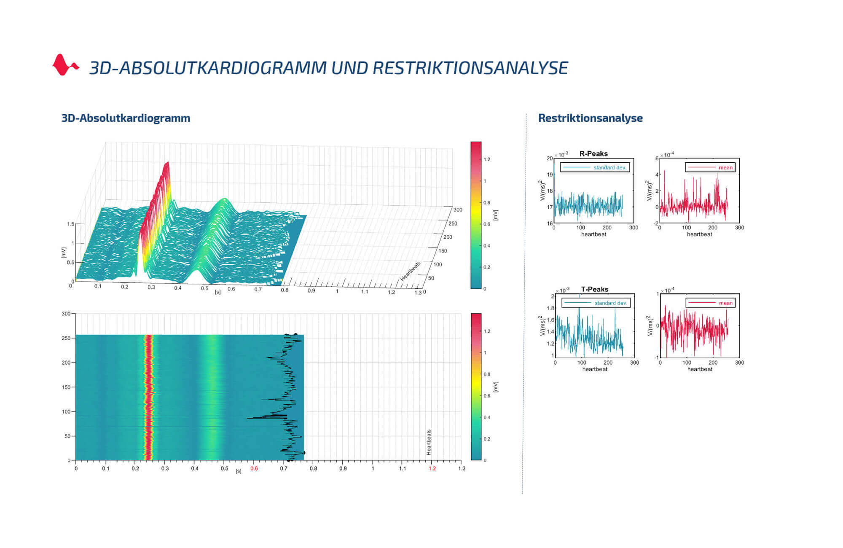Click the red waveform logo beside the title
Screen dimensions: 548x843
point(65,65)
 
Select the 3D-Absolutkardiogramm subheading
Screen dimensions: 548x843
point(126,118)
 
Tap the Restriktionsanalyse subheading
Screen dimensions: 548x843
point(590,118)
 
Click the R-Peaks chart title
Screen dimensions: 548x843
point(593,154)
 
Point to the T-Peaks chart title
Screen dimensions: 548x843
point(594,289)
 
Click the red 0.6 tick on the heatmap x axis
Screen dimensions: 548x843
point(254,468)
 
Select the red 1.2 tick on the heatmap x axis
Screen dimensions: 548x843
point(432,468)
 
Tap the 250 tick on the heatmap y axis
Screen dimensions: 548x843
point(66,338)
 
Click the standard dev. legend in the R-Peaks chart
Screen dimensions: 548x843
point(595,167)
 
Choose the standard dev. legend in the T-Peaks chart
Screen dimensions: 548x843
point(596,303)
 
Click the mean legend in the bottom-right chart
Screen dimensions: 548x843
point(710,303)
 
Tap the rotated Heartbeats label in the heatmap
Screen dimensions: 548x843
point(429,442)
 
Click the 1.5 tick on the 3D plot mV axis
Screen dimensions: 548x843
point(70,224)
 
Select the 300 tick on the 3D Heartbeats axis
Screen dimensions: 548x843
point(458,210)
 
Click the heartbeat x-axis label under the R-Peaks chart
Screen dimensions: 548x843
point(593,234)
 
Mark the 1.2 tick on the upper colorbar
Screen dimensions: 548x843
point(487,159)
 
